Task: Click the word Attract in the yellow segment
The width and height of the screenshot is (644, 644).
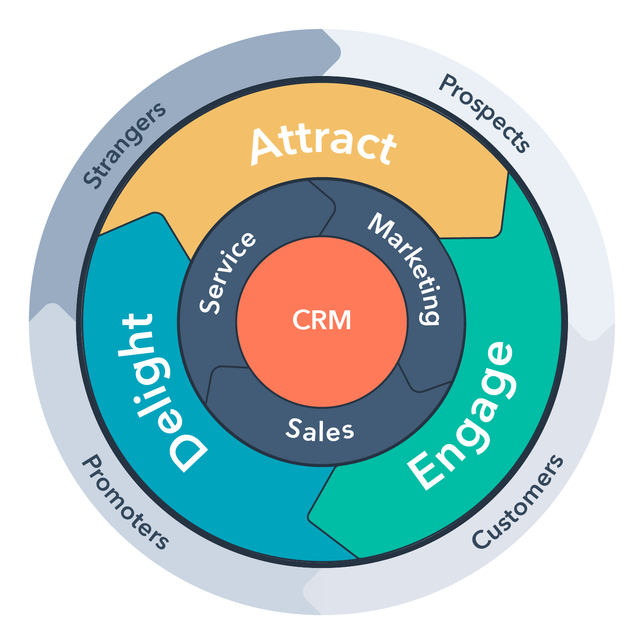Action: [x=323, y=145]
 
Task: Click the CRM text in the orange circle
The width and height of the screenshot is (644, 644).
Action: [x=322, y=321]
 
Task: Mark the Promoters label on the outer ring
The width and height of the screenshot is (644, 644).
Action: [x=125, y=502]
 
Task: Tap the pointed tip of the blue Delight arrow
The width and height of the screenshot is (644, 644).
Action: [x=157, y=215]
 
